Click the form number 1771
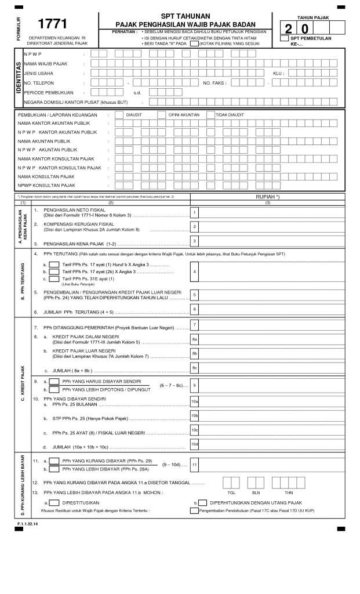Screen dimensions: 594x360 point(52,24)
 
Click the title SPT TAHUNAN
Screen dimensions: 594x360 point(186,16)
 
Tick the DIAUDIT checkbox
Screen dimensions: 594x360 point(119,115)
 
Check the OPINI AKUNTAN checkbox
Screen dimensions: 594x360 point(162,115)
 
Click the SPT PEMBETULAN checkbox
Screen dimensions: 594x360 point(284,38)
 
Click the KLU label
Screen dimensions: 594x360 point(278,73)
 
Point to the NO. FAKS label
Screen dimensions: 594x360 point(214,83)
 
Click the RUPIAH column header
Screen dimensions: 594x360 point(267,197)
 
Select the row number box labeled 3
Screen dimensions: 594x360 point(195,241)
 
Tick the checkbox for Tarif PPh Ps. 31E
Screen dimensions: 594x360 point(53,279)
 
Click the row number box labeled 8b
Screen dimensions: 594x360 point(195,353)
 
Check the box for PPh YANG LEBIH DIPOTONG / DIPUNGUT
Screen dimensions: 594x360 point(53,389)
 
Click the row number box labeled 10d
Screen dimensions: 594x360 point(195,444)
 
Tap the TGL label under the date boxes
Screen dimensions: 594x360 point(232,492)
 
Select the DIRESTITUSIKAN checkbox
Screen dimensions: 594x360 point(53,502)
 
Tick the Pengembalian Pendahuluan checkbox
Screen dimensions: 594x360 point(194,510)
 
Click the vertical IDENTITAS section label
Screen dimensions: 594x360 point(18,78)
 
